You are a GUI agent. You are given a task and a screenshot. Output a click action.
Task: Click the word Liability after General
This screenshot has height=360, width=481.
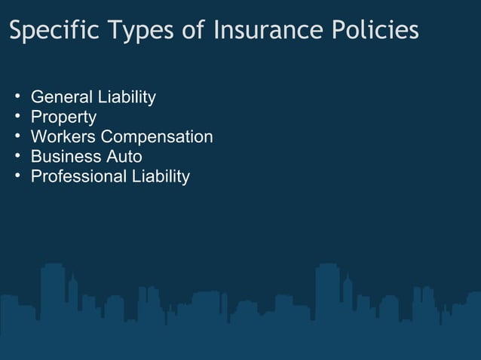pyautogui.click(x=127, y=97)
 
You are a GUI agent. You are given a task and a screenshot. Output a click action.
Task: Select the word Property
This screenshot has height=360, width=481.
pyautogui.click(x=63, y=117)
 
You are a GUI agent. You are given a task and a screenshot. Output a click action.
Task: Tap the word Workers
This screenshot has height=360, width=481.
pyautogui.click(x=63, y=137)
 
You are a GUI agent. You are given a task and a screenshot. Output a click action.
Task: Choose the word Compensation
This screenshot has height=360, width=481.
pyautogui.click(x=157, y=137)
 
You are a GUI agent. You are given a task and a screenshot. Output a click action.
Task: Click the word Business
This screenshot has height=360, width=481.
pyautogui.click(x=64, y=157)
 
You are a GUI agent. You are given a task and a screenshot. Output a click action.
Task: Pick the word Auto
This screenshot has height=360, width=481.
pyautogui.click(x=123, y=157)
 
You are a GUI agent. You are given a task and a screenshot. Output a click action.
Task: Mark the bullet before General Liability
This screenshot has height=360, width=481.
pyautogui.click(x=17, y=97)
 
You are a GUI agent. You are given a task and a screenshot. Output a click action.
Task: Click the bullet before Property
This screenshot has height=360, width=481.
pyautogui.click(x=17, y=117)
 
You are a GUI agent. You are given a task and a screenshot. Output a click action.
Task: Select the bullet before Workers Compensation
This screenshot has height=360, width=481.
pyautogui.click(x=17, y=136)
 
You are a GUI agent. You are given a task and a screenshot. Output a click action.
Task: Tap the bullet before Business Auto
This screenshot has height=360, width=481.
pyautogui.click(x=17, y=156)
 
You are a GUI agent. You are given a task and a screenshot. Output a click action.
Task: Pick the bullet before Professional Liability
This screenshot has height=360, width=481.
pyautogui.click(x=17, y=175)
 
